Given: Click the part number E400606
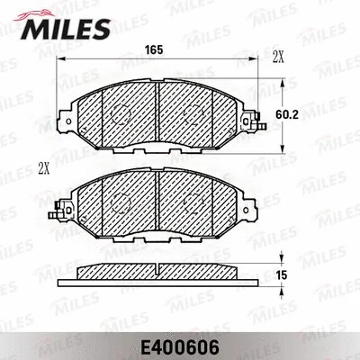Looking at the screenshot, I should click(x=179, y=343).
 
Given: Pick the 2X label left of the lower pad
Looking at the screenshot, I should click(x=44, y=167).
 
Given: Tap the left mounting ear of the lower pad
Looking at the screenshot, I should click(x=64, y=210).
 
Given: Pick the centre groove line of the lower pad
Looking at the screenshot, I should click(x=157, y=202).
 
